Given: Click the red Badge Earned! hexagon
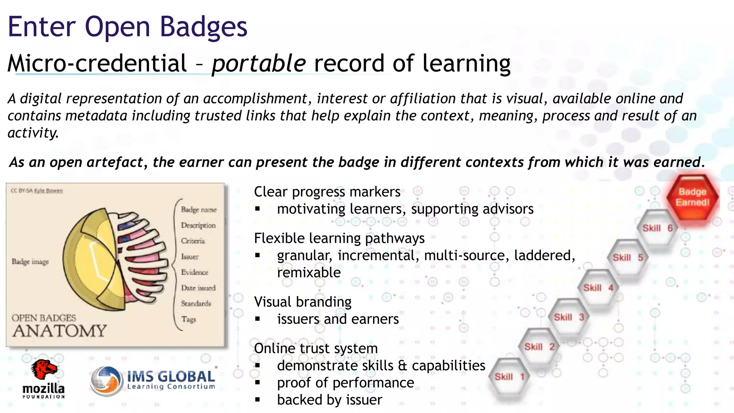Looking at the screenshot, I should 692,198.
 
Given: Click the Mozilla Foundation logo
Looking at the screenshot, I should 44,379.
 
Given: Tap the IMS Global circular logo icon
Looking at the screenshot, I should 106,381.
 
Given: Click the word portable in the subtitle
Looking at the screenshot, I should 258,63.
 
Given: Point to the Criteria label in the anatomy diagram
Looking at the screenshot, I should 193,241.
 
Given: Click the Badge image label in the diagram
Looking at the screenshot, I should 30,262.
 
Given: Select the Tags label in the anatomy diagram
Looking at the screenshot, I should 189,319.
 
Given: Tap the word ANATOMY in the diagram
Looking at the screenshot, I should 59,331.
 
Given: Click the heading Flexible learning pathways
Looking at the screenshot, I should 339,238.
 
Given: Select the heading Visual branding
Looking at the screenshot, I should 302,302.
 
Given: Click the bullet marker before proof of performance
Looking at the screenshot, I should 257,383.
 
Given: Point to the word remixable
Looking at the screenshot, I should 309,272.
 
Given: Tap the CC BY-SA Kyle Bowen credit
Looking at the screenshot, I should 37,191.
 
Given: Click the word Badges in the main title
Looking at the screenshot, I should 203,27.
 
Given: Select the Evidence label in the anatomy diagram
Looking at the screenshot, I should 194,272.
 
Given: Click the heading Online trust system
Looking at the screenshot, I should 316,348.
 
